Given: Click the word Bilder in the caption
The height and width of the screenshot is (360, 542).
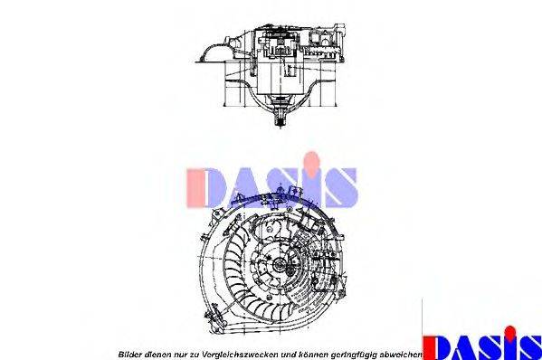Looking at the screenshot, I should tap(128, 354).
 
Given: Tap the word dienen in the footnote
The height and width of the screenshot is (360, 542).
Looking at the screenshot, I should tap(155, 354).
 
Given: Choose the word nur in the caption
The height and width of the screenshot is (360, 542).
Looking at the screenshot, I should tap(179, 354).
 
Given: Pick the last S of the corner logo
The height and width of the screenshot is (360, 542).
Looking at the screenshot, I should tap(528, 347).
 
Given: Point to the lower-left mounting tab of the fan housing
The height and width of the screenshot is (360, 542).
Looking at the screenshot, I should tap(214, 314).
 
